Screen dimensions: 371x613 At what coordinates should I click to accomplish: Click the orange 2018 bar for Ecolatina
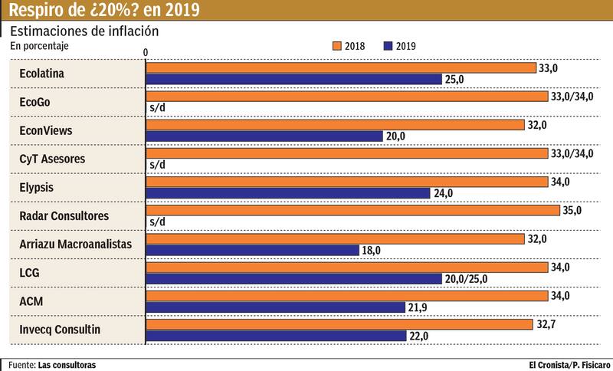pyautogui.click(x=341, y=68)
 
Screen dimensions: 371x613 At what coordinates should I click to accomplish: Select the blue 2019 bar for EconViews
pyautogui.click(x=264, y=136)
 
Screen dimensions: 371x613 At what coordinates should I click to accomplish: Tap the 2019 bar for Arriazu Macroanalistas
pyautogui.click(x=252, y=250)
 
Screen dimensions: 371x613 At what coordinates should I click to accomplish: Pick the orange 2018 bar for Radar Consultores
pyautogui.click(x=352, y=210)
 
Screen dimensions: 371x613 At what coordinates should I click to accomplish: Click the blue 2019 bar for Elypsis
pyautogui.click(x=288, y=193)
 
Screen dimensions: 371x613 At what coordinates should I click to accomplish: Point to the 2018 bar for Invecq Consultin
pyautogui.click(x=339, y=324)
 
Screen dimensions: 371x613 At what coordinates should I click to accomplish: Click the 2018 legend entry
pyautogui.click(x=348, y=46)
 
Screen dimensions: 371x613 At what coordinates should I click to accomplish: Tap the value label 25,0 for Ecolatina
pyautogui.click(x=457, y=80)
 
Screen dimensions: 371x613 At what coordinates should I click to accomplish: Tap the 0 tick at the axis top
pyautogui.click(x=145, y=50)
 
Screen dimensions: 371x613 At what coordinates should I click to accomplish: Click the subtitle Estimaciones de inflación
pyautogui.click(x=84, y=31)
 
